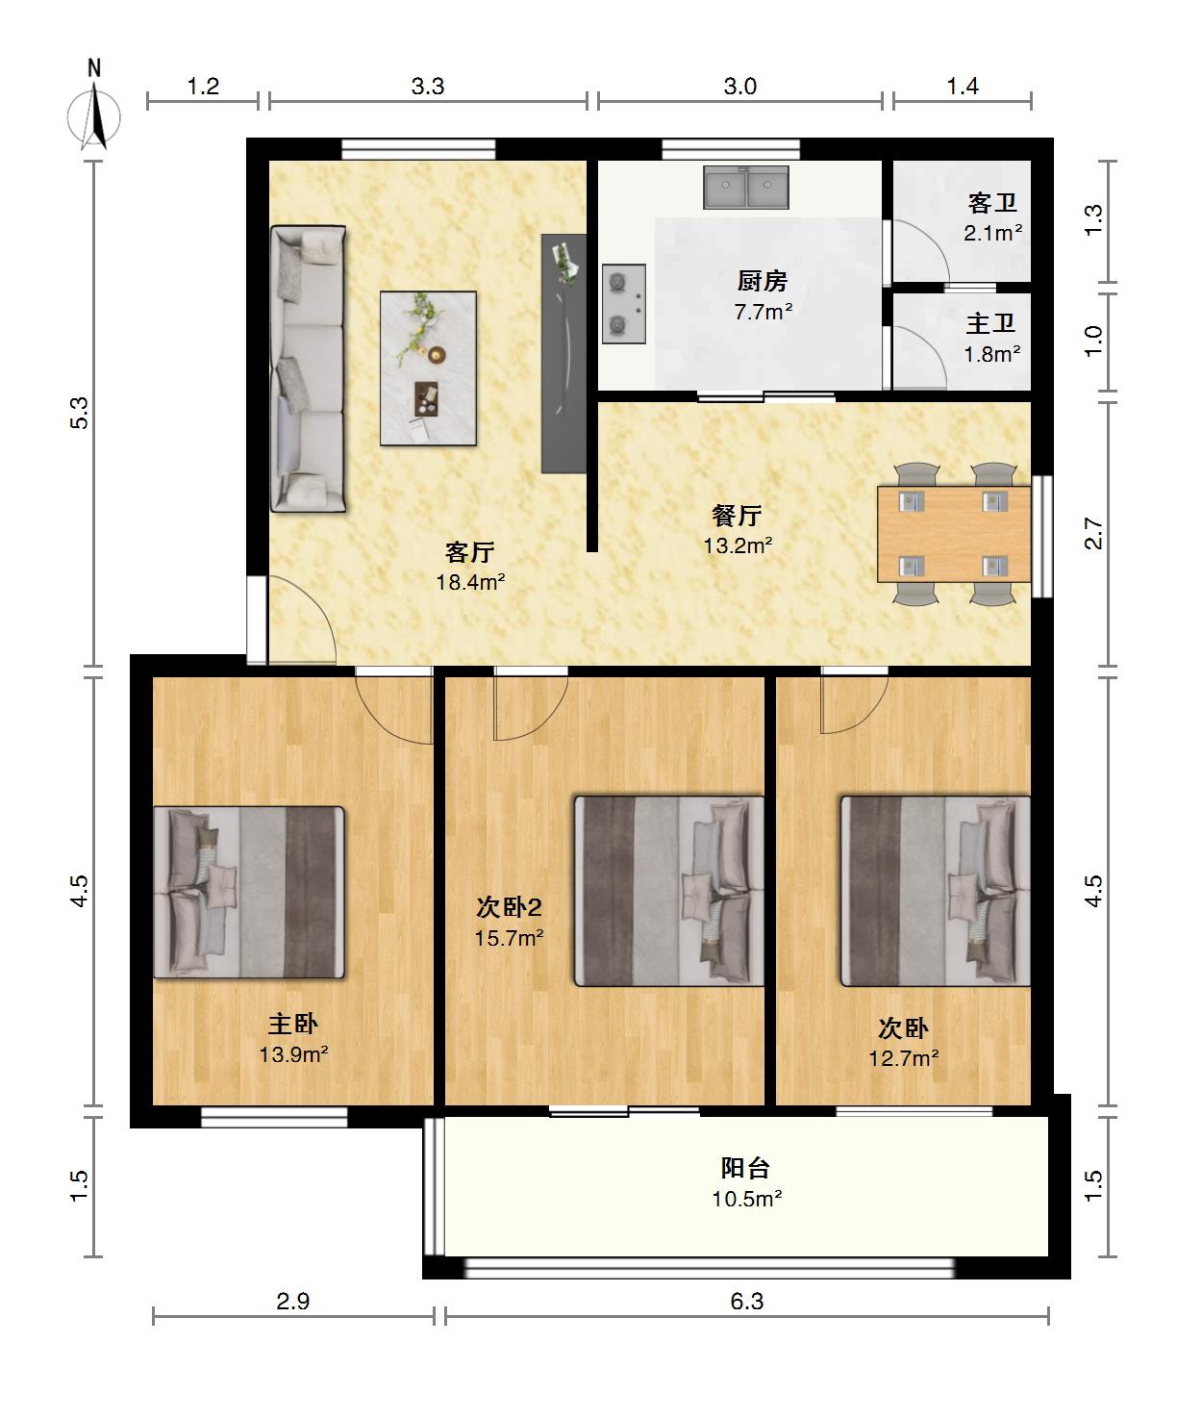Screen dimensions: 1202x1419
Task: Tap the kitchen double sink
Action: (746, 187)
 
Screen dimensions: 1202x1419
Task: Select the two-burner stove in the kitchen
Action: (624, 303)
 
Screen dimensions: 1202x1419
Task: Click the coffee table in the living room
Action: (428, 367)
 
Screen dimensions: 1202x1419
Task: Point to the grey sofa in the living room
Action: (308, 368)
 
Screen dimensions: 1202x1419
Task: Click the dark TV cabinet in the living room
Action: (563, 354)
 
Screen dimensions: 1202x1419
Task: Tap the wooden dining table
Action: (954, 533)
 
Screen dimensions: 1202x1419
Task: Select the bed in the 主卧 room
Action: (249, 892)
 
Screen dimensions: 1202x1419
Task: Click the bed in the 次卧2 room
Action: (669, 891)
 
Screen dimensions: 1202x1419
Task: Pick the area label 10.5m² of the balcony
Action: (746, 1200)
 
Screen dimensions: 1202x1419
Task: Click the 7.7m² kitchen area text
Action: (764, 313)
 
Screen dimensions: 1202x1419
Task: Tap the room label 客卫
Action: (992, 203)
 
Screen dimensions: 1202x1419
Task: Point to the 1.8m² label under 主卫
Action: (992, 354)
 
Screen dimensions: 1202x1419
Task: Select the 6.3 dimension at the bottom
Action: (746, 1301)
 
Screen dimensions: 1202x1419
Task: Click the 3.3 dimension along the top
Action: (427, 87)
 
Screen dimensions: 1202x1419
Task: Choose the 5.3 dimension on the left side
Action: (80, 413)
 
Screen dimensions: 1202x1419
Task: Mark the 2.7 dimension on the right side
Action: (1093, 533)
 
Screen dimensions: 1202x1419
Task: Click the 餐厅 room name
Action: (737, 515)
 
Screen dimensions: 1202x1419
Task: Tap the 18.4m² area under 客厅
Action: (470, 582)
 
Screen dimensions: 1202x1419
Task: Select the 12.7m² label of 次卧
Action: (904, 1058)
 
